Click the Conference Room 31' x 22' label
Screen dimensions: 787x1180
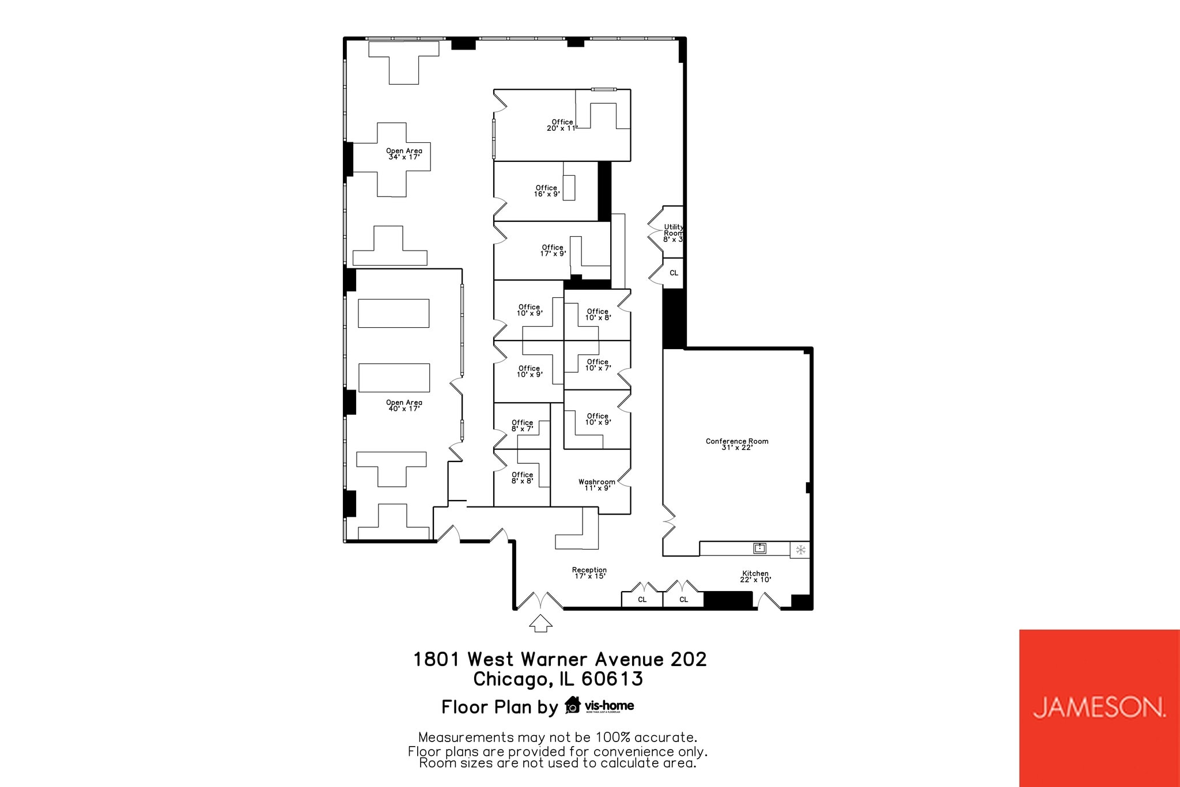coord(737,444)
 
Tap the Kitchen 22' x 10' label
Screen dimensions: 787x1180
coord(755,577)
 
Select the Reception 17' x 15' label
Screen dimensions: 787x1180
coord(589,573)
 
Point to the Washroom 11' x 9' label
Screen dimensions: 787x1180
coord(597,485)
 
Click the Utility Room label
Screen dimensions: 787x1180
coord(673,233)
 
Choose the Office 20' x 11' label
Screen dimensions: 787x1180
coord(562,125)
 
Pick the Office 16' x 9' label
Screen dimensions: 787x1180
coord(546,191)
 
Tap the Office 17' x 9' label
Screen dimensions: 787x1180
coord(553,251)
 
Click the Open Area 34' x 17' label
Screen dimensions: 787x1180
coord(404,154)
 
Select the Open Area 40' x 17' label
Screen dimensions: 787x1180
coord(404,406)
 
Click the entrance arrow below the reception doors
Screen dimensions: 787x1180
coord(540,623)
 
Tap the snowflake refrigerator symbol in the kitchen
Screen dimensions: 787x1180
coord(800,550)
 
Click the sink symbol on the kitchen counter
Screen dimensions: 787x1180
coord(760,548)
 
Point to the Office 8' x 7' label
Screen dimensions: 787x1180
coord(522,426)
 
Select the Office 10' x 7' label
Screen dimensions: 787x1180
coord(597,365)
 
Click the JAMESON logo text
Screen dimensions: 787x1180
coord(1099,707)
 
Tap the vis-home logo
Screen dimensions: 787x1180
coord(600,706)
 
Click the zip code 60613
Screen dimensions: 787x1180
coord(612,679)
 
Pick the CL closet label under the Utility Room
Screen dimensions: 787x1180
coord(674,273)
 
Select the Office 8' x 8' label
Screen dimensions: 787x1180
coord(522,478)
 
